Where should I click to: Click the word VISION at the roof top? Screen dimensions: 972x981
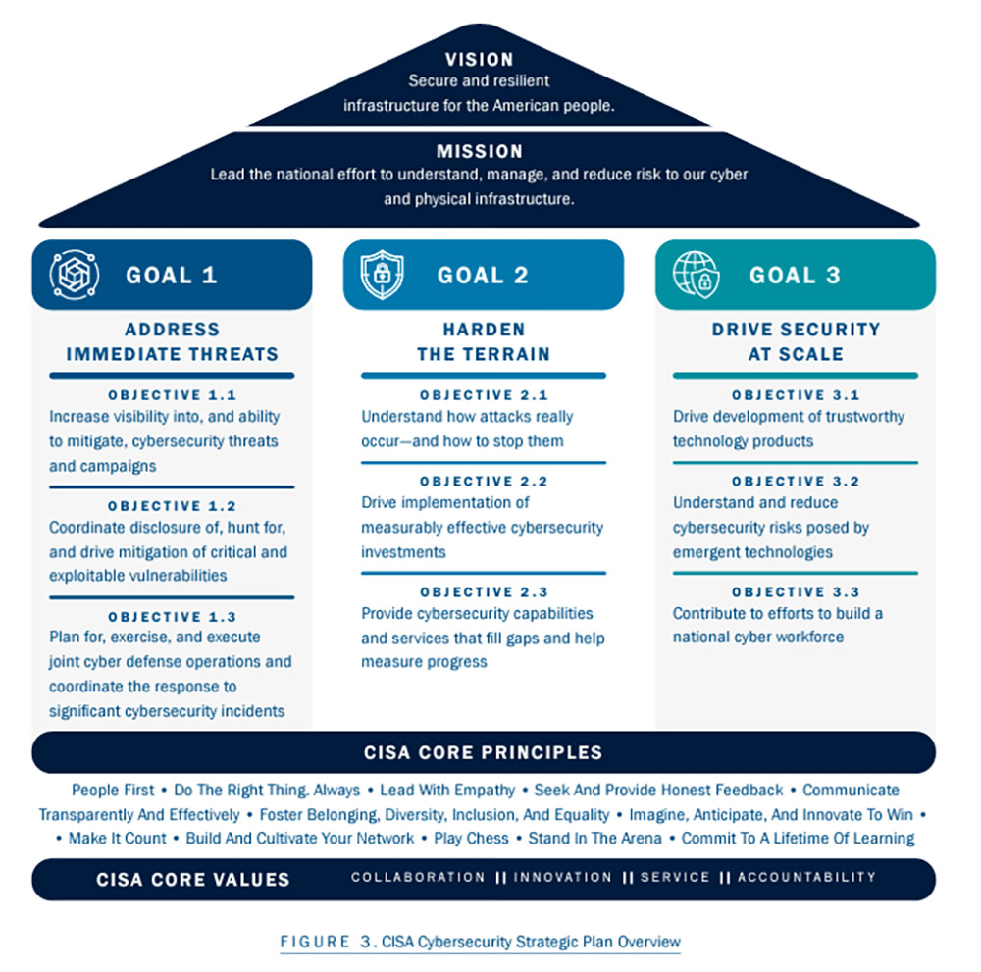479,60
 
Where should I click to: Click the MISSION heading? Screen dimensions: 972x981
480,152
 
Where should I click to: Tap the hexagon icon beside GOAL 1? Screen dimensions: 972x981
75,276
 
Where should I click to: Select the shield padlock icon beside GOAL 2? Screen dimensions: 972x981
382,275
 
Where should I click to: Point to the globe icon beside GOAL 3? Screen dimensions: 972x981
696,275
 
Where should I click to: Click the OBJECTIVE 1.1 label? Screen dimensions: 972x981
172,395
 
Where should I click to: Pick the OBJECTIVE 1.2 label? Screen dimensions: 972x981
172,506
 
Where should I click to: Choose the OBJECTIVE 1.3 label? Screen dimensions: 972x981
172,617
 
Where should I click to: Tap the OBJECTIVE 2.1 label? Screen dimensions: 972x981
484,395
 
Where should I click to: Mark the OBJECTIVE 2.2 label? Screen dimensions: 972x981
484,482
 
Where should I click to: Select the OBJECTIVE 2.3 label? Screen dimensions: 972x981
484,592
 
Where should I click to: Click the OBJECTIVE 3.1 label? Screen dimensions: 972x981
796,395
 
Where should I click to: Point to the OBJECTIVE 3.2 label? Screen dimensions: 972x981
796,482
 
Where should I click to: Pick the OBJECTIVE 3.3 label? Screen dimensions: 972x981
796,592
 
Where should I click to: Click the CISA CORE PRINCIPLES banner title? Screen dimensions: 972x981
483,753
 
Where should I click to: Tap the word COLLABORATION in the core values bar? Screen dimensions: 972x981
418,877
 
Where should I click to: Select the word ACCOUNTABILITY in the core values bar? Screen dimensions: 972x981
806,877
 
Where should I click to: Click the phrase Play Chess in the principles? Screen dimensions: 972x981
471,839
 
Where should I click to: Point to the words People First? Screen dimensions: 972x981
113,790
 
